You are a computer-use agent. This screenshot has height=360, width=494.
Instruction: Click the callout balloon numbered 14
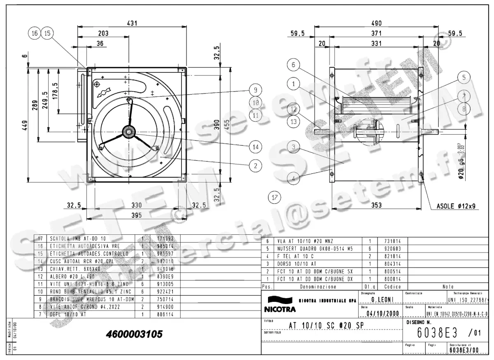(x=256, y=146)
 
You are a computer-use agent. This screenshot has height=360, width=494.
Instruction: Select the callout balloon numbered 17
(x=274, y=197)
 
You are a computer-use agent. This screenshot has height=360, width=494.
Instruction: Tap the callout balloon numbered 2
(x=256, y=166)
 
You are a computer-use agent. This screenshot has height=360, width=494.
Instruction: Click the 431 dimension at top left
(x=132, y=23)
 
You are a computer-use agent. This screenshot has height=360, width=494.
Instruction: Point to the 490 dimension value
(x=376, y=23)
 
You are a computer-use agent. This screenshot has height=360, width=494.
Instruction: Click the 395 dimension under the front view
(x=136, y=215)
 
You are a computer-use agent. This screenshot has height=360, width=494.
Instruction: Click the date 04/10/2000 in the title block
(x=382, y=313)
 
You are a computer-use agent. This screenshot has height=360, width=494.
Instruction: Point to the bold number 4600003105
(x=134, y=334)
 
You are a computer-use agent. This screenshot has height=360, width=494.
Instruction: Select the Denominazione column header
(x=317, y=286)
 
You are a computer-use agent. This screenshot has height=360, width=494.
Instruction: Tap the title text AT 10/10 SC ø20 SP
(x=326, y=325)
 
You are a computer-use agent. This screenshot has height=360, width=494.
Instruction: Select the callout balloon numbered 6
(x=294, y=65)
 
